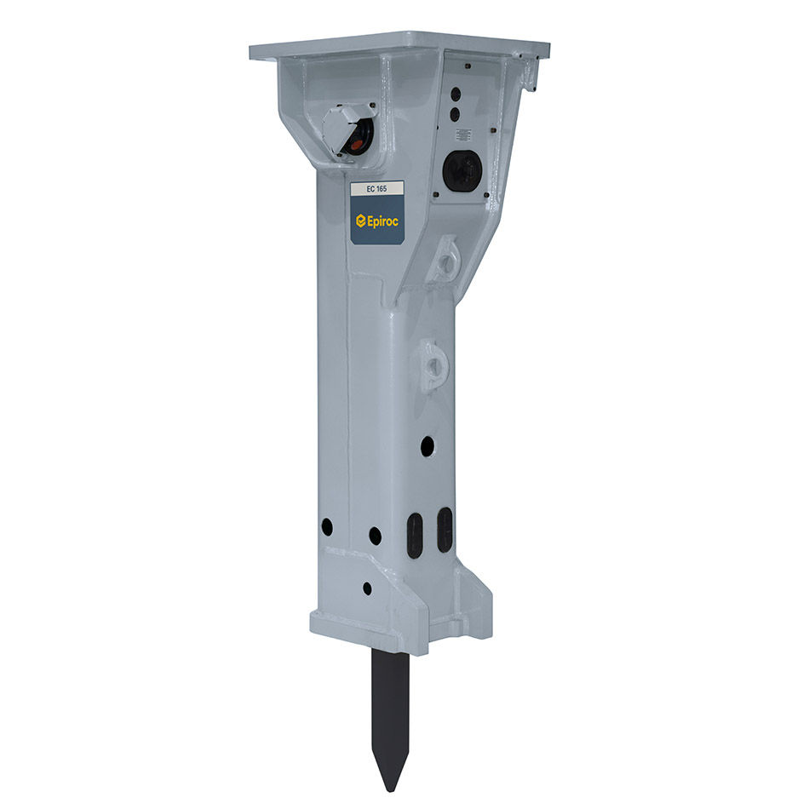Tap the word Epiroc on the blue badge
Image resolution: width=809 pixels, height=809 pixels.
point(383,221)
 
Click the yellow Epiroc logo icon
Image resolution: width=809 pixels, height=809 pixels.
point(361,221)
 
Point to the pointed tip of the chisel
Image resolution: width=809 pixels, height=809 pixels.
point(391,785)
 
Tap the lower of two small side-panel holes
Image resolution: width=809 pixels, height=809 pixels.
point(455,113)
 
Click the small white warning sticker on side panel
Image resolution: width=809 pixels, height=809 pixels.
point(463,135)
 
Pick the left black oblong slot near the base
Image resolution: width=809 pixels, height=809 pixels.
point(415,534)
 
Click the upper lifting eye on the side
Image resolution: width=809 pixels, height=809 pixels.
point(445,260)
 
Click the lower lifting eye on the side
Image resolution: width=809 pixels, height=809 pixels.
point(433,364)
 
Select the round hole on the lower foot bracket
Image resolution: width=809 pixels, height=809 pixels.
point(366,588)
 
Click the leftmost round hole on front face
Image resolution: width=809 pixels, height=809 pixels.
point(327,527)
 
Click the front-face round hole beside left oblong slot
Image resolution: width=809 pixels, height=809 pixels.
point(375,535)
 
